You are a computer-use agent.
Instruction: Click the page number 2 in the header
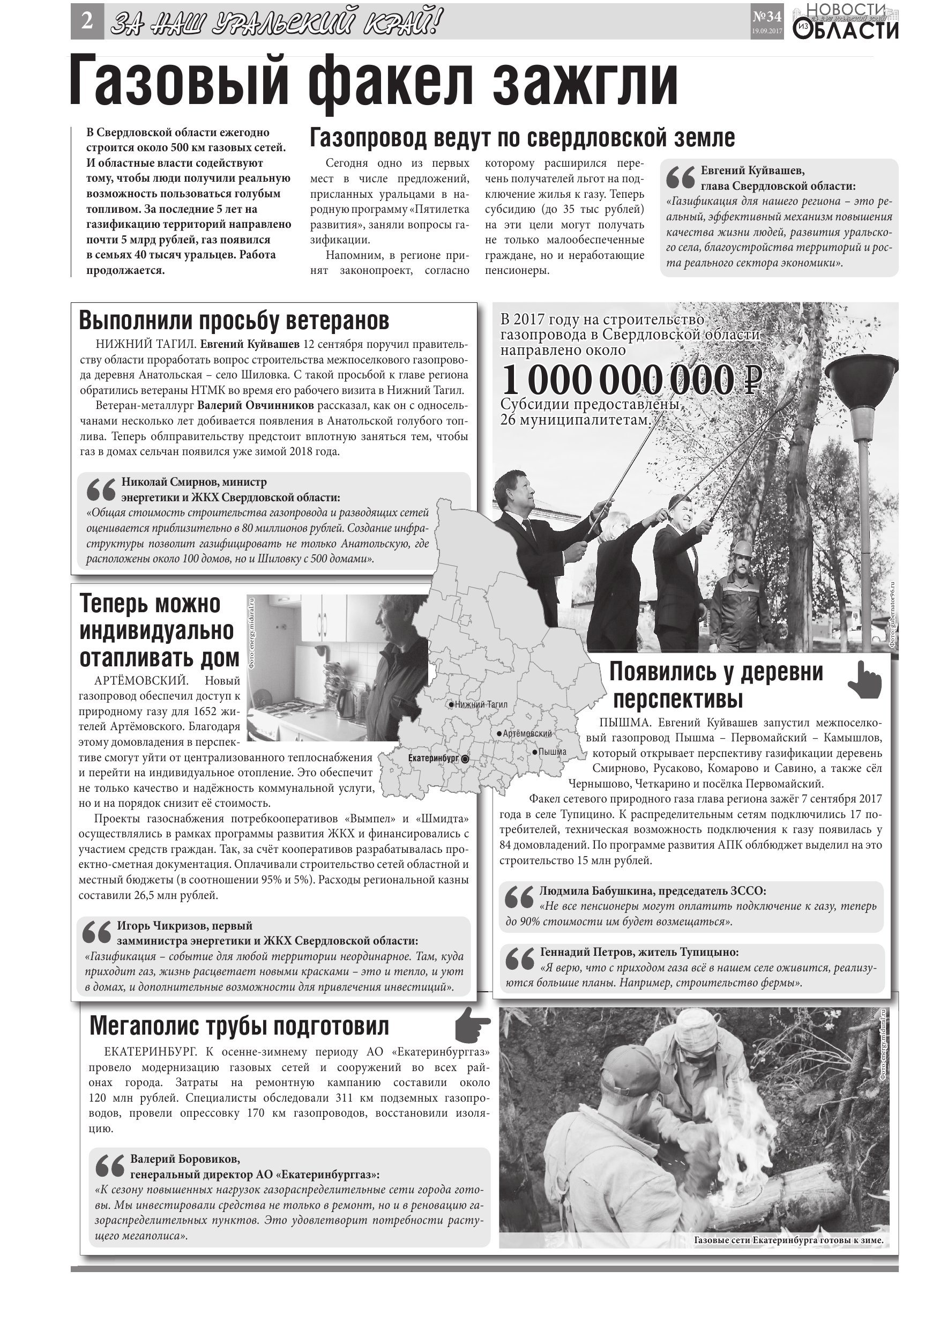click(87, 22)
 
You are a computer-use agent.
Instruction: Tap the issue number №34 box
click(767, 22)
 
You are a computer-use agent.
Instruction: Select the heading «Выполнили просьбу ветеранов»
click(234, 321)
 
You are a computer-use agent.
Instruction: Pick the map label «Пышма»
click(552, 752)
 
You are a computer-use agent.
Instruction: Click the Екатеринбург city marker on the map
click(465, 758)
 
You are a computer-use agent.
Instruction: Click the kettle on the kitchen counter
click(346, 702)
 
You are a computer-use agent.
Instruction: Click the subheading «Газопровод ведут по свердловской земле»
click(522, 138)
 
